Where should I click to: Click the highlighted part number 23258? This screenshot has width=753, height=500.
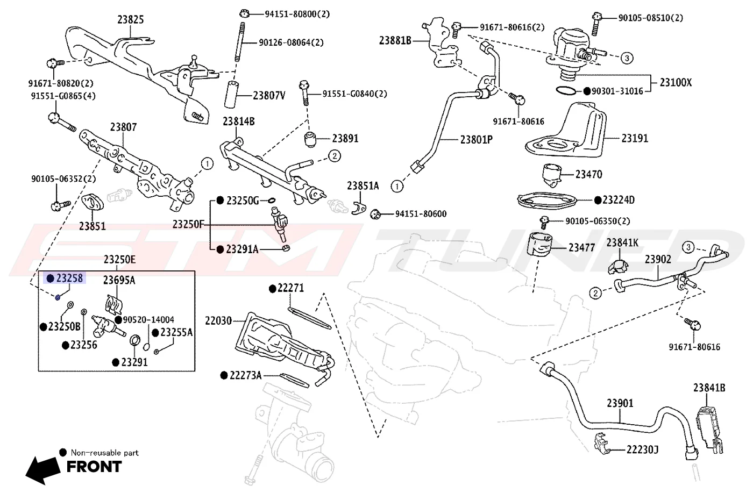(x=69, y=278)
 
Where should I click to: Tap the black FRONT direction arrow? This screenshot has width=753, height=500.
(x=43, y=470)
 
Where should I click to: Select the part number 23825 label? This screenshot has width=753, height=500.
(x=130, y=19)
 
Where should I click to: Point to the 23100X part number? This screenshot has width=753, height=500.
(x=676, y=82)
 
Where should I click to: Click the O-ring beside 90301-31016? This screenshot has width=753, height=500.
(x=566, y=90)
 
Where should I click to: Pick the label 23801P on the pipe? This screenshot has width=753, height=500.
(x=477, y=139)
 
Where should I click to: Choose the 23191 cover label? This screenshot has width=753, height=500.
(x=635, y=138)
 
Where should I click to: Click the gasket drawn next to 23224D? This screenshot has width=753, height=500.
(x=547, y=200)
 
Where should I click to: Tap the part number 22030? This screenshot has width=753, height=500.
(x=218, y=321)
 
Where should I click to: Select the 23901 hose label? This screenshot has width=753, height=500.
(x=620, y=403)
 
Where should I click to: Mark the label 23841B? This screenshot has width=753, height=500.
(x=709, y=388)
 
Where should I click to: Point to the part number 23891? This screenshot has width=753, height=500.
(x=345, y=139)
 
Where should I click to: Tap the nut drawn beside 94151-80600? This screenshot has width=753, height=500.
(x=375, y=214)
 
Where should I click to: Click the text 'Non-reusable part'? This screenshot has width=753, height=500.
(x=104, y=453)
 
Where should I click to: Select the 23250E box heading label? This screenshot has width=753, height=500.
(x=119, y=259)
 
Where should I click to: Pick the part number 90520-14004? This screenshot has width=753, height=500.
(x=148, y=319)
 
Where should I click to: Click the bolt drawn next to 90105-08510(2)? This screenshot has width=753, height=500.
(x=596, y=24)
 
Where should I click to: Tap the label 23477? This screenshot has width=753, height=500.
(x=582, y=248)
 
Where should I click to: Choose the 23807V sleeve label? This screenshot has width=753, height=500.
(x=269, y=96)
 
